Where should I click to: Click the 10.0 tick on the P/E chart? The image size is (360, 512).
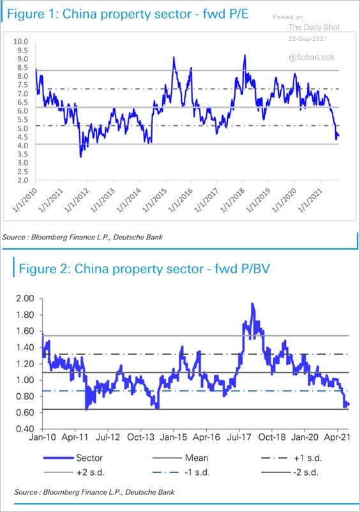tap(20, 41)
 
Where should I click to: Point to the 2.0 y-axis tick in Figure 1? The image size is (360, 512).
tap(22, 180)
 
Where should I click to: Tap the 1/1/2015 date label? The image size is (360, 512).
tap(155, 200)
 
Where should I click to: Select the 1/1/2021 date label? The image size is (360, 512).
tap(311, 200)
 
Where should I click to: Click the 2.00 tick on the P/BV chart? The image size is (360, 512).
tap(25, 298)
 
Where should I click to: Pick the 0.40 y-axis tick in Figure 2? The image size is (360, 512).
tap(25, 429)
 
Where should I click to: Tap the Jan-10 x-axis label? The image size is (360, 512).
tap(42, 437)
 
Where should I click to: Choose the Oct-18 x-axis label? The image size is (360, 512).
tap(272, 437)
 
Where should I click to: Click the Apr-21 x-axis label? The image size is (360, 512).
tap(337, 437)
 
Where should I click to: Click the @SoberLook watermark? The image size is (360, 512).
tap(311, 57)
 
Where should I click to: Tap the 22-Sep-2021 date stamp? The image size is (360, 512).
tap(308, 38)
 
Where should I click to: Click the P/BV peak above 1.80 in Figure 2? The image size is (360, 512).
tap(252, 304)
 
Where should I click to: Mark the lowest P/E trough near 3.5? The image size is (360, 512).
tap(80, 156)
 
